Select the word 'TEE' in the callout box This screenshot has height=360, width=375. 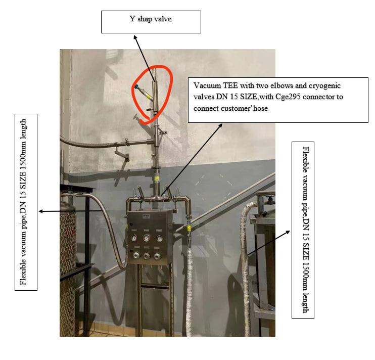pos(227,84)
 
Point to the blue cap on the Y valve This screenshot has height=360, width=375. pos(136,88)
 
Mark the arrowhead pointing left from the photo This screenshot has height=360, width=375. pos(41,211)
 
